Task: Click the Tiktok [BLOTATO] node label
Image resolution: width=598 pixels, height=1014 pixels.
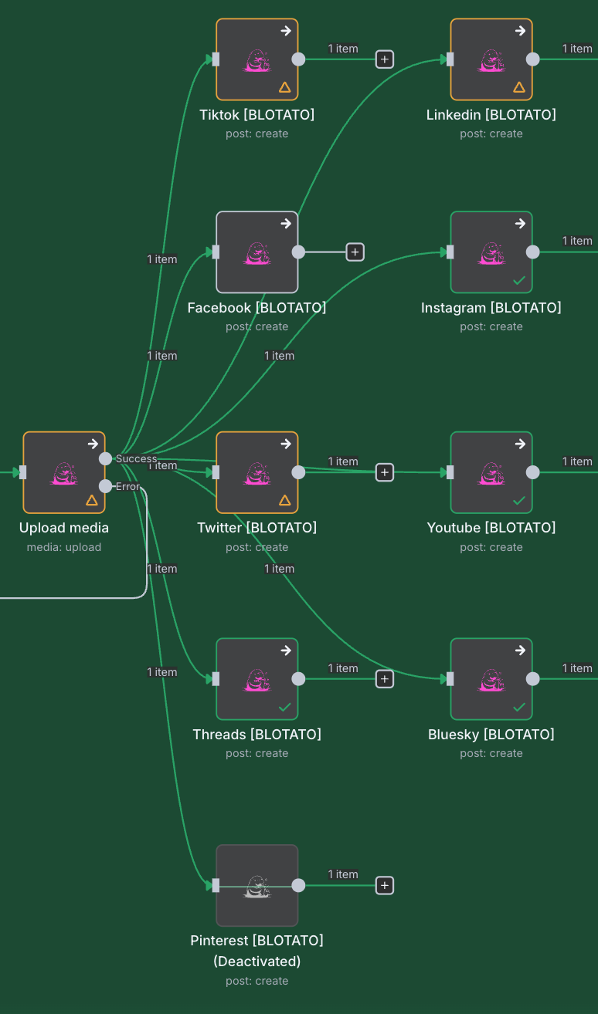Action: coord(257,115)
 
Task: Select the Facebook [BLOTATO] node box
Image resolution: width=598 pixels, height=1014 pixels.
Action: coord(257,252)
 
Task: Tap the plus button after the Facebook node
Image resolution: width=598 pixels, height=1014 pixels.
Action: coord(355,252)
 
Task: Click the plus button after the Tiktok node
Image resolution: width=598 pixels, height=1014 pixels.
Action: coord(385,59)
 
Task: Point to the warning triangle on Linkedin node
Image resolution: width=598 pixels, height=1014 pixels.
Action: coord(519,87)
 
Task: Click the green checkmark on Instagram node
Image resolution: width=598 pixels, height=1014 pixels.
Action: coord(519,280)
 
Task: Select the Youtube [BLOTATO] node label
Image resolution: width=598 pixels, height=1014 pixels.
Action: coord(491,528)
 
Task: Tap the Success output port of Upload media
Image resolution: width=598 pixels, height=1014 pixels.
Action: coord(106,458)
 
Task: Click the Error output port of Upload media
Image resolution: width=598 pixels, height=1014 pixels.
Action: coord(106,486)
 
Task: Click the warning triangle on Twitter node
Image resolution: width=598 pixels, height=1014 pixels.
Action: coord(284,500)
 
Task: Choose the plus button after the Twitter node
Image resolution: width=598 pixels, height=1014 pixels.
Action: coord(385,472)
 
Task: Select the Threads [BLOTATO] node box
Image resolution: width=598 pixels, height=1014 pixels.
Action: coord(257,679)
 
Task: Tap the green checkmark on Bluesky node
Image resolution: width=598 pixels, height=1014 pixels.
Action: coord(519,707)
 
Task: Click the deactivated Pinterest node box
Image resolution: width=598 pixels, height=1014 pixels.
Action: coord(257,885)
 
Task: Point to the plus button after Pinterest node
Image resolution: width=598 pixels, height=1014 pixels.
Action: coord(385,885)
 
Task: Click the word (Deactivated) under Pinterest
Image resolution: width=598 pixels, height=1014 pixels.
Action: coord(257,962)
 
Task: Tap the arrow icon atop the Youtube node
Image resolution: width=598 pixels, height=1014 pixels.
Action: coord(520,444)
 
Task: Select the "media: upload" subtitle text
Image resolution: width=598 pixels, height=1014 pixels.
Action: coord(64,547)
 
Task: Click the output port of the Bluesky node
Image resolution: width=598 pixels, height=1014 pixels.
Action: coord(532,679)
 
